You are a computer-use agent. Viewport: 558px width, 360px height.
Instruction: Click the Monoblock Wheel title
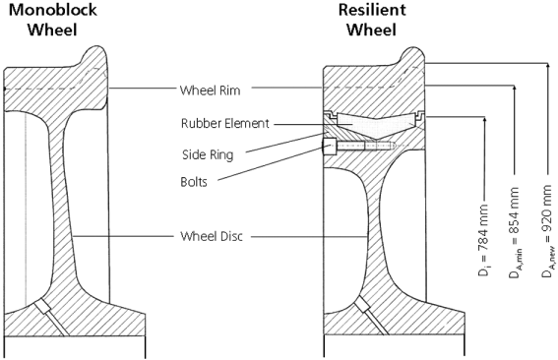(52, 20)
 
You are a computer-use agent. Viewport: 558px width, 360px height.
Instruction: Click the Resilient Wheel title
(372, 20)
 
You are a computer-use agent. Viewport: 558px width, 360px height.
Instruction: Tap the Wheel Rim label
(210, 90)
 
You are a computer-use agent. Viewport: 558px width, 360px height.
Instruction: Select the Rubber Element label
(225, 123)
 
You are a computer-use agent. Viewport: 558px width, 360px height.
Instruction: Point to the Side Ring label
(208, 154)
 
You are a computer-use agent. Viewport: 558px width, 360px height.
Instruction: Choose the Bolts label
(194, 182)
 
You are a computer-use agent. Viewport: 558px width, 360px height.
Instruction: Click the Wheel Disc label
(212, 236)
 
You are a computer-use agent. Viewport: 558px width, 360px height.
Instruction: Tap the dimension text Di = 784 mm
(483, 240)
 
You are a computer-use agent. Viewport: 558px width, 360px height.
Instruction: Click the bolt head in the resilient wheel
(329, 147)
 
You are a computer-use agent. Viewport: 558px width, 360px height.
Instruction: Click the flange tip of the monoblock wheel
(96, 47)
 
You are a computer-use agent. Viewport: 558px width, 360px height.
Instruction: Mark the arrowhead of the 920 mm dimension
(547, 66)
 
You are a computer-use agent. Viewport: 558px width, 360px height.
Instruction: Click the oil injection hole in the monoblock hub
(50, 317)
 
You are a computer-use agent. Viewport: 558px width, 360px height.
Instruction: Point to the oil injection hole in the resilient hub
(370, 316)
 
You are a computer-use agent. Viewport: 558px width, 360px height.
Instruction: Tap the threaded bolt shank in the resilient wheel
(365, 146)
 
